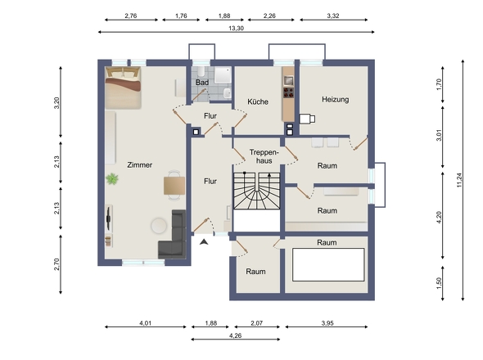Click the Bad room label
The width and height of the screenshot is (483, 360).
click(202, 83)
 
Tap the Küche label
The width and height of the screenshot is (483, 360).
click(258, 101)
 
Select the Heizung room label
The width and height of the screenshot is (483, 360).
click(336, 100)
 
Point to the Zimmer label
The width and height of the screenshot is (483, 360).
click(139, 165)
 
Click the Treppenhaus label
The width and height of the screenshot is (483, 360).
click(264, 156)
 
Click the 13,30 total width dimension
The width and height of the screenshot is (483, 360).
click(237, 29)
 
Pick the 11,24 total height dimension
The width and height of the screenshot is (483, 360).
click(459, 180)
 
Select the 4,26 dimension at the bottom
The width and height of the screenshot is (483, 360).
click(235, 335)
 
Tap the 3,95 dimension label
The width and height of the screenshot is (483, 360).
click(327, 323)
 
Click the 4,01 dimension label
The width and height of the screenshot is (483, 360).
click(146, 323)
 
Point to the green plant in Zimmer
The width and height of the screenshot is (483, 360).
click(112, 179)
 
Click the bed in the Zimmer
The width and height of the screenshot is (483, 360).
click(123, 88)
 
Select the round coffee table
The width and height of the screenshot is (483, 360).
click(159, 226)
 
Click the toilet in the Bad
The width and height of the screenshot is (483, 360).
click(201, 72)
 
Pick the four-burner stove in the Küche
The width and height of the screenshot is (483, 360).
click(288, 92)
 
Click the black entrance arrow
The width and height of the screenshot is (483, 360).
click(204, 241)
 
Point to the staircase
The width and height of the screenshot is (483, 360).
click(256, 191)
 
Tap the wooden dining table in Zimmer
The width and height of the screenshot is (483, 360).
click(174, 186)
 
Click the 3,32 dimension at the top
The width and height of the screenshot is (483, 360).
click(333, 16)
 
